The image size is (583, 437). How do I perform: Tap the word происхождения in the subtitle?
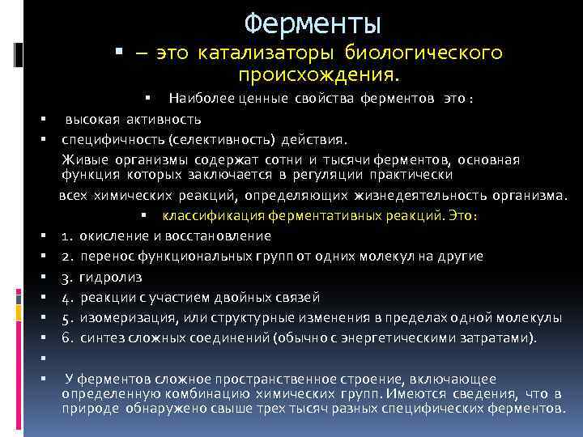pos(319,75)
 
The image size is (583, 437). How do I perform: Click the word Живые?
pos(83,159)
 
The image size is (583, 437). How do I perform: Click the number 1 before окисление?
pos(65,236)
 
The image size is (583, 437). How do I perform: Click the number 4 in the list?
pos(65,297)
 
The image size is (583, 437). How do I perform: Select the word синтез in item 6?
pos(100,337)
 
